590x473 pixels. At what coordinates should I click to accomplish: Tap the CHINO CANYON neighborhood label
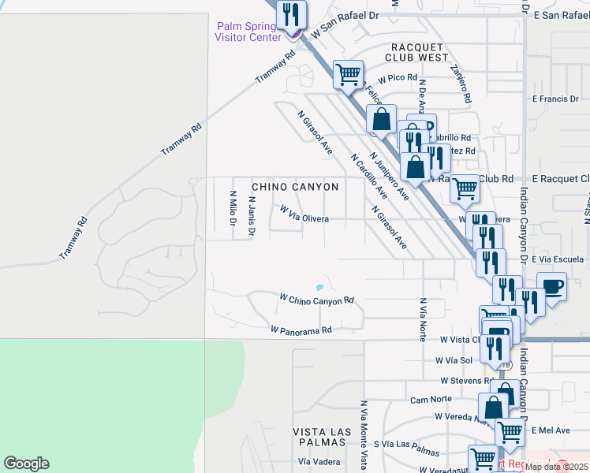(x=295, y=187)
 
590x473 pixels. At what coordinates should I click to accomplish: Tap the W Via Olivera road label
(x=316, y=214)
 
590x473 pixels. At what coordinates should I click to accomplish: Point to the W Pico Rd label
(x=397, y=78)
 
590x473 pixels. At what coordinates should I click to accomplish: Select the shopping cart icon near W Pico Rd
(x=348, y=75)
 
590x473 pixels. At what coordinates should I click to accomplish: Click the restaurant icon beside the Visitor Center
(x=291, y=13)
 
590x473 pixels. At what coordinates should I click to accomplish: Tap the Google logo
(x=27, y=463)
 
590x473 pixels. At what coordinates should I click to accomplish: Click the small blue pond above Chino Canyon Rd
(x=319, y=286)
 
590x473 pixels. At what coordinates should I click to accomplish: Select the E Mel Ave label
(x=551, y=430)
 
